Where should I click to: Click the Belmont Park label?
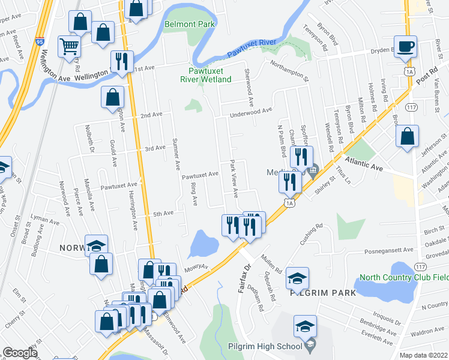(190, 25)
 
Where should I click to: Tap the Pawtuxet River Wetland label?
(207, 74)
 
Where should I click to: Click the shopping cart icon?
(70, 46)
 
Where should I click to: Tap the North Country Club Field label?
(403, 278)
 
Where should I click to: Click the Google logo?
(19, 352)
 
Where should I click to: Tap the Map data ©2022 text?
(423, 355)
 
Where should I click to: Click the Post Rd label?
(424, 71)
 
